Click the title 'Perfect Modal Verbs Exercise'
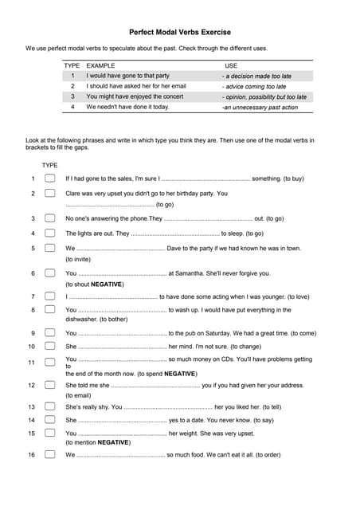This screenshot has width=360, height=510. pyautogui.click(x=180, y=33)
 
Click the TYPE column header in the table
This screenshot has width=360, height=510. pyautogui.click(x=72, y=65)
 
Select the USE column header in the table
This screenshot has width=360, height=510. pyautogui.click(x=232, y=65)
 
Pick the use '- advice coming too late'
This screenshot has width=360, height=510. pyautogui.click(x=255, y=86)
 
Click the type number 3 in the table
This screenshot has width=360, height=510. pyautogui.click(x=72, y=96)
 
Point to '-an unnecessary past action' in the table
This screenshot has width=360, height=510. pyautogui.click(x=260, y=106)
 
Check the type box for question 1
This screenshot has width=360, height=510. pyautogui.click(x=49, y=178)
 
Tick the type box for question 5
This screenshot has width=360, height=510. pyautogui.click(x=49, y=248)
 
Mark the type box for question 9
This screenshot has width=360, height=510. pyautogui.click(x=49, y=333)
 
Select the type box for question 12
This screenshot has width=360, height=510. pyautogui.click(x=49, y=385)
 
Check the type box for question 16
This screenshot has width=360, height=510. pyautogui.click(x=49, y=455)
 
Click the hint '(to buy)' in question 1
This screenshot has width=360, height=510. pyautogui.click(x=293, y=178)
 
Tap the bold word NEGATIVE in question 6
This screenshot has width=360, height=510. pyautogui.click(x=107, y=284)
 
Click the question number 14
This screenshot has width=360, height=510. pyautogui.click(x=32, y=420)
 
